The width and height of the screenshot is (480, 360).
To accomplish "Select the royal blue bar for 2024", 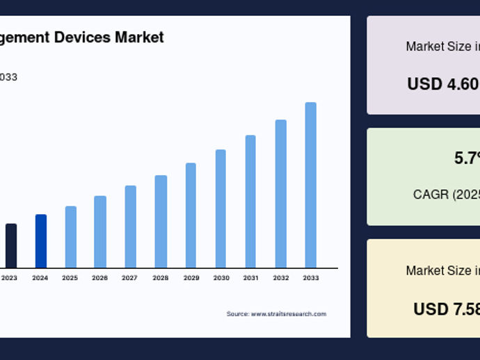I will click(41, 241).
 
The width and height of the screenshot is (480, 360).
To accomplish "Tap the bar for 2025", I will click(71, 237).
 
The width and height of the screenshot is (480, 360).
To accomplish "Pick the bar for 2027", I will click(131, 227).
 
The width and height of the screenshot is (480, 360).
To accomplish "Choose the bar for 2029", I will click(191, 215).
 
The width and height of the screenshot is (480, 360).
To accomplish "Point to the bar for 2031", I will click(250, 202).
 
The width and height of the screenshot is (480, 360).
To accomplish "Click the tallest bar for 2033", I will click(311, 185).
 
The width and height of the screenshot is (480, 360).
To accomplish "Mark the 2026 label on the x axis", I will click(99, 278).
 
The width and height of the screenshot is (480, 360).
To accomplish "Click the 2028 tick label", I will click(161, 278).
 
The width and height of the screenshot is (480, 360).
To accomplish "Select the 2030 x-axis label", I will click(221, 278).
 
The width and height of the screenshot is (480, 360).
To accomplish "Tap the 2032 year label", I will click(281, 278).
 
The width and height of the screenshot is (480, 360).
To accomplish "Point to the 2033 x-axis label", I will click(311, 278).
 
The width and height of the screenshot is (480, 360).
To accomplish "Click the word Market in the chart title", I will click(140, 37).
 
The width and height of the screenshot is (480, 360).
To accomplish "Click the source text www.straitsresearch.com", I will click(288, 314).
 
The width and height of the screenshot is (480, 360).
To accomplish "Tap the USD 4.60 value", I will click(443, 84).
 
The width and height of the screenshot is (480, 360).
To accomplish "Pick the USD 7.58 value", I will click(446, 309).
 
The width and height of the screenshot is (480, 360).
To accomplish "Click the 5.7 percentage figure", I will click(466, 158).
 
